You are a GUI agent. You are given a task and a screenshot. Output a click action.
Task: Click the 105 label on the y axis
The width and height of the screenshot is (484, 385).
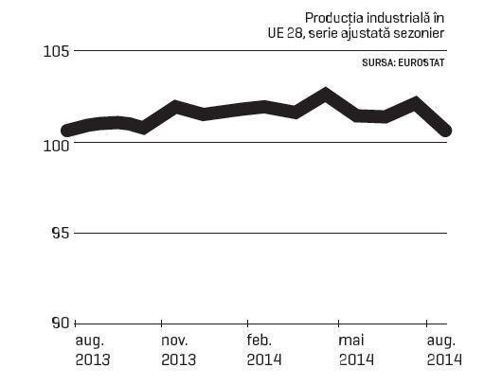(x=56, y=52)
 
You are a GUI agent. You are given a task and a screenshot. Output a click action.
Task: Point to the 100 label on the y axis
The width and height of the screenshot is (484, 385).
(x=56, y=146)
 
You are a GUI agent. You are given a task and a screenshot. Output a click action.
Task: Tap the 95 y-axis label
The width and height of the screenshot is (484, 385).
(x=60, y=234)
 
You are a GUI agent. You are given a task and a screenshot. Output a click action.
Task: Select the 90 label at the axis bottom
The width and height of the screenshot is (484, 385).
(x=60, y=323)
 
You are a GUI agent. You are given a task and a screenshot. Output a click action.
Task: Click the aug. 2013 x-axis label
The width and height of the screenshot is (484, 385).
(x=93, y=350)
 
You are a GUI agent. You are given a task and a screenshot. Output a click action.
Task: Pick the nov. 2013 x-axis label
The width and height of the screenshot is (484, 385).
(x=178, y=350)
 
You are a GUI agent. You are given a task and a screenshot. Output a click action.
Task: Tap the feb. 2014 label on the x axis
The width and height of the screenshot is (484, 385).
(x=264, y=350)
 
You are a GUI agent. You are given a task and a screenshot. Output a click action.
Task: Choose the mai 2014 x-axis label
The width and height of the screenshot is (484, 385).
(x=356, y=350)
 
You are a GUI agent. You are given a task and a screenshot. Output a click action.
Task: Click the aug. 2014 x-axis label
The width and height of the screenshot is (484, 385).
(x=444, y=350)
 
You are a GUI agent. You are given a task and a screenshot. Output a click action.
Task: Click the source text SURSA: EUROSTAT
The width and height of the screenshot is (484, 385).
(x=403, y=62)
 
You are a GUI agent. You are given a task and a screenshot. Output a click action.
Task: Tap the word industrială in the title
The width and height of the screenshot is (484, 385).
(x=399, y=18)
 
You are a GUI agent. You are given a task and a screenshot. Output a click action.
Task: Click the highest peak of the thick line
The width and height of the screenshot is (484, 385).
(x=325, y=94)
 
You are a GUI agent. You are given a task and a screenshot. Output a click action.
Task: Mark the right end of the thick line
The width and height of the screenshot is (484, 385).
(x=446, y=131)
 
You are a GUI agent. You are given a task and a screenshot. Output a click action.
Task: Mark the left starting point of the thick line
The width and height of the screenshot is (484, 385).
(x=67, y=131)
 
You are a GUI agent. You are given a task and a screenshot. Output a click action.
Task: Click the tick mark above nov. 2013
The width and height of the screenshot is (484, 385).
(x=161, y=324)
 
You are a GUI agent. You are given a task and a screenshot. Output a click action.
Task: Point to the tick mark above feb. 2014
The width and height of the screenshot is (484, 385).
(x=247, y=324)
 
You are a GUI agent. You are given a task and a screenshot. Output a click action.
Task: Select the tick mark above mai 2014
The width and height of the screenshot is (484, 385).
(x=338, y=324)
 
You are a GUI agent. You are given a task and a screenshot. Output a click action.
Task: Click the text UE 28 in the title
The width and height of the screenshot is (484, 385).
(x=287, y=33)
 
